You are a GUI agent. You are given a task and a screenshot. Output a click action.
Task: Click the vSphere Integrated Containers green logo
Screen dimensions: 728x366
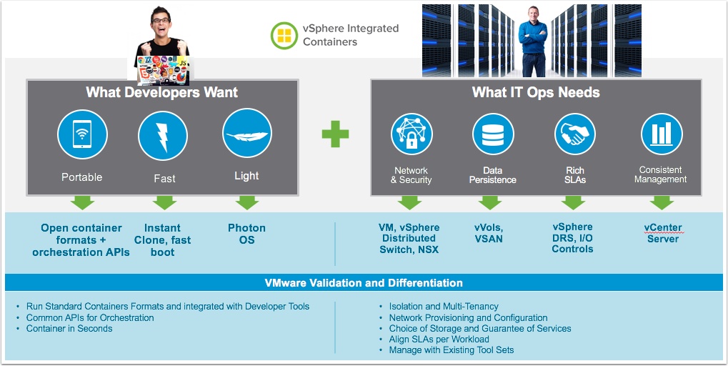[x=284, y=35]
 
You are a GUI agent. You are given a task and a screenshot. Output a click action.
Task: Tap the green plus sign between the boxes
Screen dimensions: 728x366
[x=335, y=134]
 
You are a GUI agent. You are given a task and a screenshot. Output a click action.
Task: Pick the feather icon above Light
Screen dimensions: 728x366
[x=247, y=133]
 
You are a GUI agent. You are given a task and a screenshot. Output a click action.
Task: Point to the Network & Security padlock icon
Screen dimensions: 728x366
[x=412, y=134]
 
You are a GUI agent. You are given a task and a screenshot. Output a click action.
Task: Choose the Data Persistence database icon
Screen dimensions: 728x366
[x=493, y=134]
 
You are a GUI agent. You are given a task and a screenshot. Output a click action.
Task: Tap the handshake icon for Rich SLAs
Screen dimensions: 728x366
[x=575, y=134]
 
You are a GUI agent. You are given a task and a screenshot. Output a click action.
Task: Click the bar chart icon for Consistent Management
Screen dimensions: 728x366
[x=662, y=134]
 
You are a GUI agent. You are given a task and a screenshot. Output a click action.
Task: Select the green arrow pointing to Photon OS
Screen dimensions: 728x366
[x=247, y=202]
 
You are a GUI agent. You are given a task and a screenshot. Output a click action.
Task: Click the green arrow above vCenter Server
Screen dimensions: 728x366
[x=662, y=202]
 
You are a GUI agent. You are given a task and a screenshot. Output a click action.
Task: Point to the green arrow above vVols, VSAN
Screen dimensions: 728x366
[x=490, y=202]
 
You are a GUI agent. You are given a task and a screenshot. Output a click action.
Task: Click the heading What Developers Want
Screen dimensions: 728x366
[x=161, y=92]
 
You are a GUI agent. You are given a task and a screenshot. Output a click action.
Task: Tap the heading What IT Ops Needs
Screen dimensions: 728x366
[x=536, y=92]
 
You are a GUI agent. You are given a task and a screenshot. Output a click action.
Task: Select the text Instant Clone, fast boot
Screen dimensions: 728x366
[x=162, y=240]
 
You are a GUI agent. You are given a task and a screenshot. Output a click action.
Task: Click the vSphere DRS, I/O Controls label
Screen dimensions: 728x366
[x=572, y=238]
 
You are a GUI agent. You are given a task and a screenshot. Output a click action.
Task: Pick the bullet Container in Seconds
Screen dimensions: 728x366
[x=69, y=329]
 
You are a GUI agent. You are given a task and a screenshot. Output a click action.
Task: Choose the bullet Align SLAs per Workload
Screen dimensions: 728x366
[x=434, y=339]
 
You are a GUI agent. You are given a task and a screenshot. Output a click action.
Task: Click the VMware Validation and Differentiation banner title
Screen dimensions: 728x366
[x=364, y=283]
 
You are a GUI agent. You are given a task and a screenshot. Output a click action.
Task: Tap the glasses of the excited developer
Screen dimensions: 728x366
[x=160, y=21]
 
